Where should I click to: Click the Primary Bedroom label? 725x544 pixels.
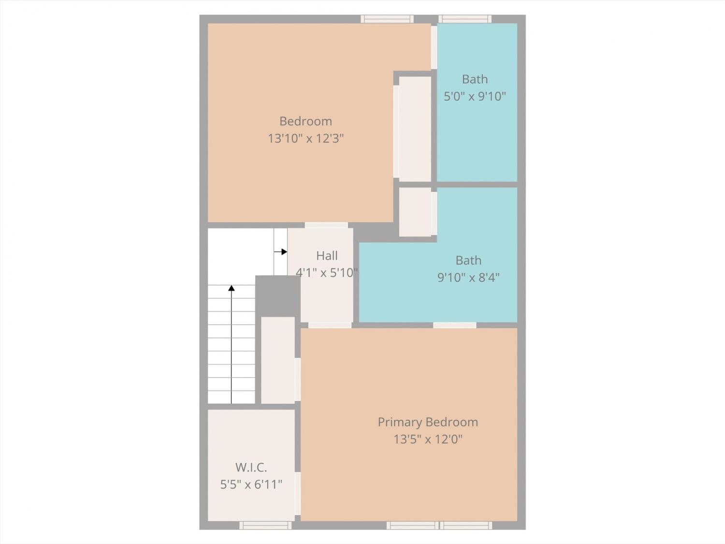coord(428,422)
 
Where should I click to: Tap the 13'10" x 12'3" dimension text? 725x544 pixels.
coord(305,138)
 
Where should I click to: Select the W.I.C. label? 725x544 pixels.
coord(251,468)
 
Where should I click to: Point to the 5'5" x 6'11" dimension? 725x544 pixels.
coord(251,485)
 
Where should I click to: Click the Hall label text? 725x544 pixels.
coord(327,256)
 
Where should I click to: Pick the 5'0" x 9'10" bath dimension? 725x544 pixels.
coord(475,96)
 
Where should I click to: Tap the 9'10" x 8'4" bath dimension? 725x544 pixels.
coord(468,278)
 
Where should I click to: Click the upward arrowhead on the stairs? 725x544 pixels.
coord(232,288)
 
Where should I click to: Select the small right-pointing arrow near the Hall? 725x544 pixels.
coord(280,251)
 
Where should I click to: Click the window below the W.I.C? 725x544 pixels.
coord(265,526)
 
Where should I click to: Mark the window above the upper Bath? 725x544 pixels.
coord(465,19)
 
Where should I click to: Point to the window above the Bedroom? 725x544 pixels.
coord(387,19)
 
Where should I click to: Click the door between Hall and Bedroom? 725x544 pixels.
coord(326,225)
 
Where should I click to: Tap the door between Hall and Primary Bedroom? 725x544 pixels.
coord(330,325)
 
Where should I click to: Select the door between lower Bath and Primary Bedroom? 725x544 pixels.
coord(455,325)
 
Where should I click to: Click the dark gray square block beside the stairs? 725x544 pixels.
coord(278,296)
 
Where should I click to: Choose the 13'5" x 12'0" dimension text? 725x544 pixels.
coord(428,439)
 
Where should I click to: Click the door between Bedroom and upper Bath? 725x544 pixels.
coord(434,47)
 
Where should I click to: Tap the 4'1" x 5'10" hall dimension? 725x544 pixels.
coord(327,273)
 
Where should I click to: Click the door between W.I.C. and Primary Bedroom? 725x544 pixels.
coord(298,493)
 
